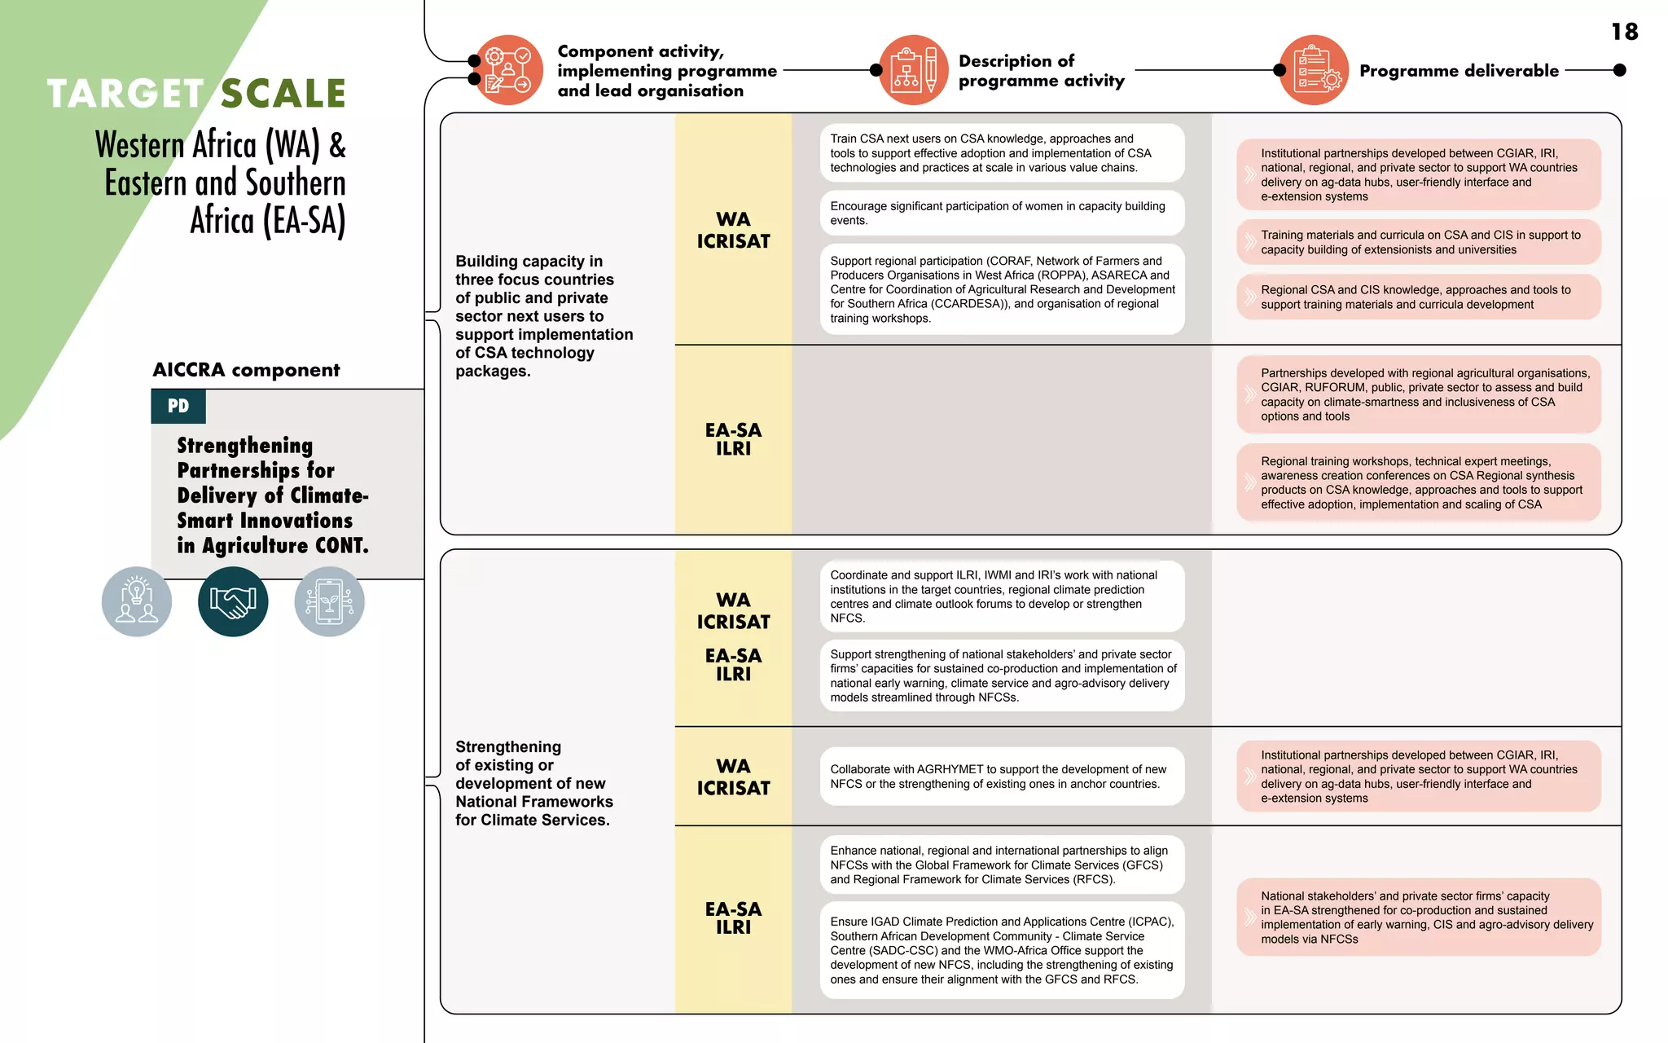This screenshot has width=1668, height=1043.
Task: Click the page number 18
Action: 1624,32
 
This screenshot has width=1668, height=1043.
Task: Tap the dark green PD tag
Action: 178,406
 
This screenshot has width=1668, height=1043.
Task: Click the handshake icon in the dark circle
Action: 233,601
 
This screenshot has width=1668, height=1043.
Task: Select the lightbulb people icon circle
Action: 137,601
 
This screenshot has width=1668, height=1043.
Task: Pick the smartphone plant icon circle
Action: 329,601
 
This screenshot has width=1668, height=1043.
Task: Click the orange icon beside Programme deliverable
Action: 1314,70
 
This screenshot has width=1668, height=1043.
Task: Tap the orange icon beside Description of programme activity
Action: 914,70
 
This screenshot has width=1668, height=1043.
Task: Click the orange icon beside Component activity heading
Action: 508,70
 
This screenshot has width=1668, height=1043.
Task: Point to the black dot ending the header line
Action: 1619,70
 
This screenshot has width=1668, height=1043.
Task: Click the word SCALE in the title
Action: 283,94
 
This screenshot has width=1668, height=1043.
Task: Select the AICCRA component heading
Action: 246,370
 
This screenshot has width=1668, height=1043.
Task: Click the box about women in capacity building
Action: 1002,213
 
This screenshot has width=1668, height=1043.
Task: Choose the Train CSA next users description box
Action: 1002,153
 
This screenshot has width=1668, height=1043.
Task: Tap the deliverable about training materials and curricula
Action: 1418,242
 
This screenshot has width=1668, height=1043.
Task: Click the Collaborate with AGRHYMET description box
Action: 1002,777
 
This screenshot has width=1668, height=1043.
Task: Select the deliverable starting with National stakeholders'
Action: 1418,917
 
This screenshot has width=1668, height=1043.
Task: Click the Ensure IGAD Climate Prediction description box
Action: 1002,950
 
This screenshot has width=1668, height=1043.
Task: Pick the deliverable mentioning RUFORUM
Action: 1418,394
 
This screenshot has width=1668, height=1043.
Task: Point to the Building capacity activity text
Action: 543,316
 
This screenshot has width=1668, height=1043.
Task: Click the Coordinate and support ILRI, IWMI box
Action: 1002,596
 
